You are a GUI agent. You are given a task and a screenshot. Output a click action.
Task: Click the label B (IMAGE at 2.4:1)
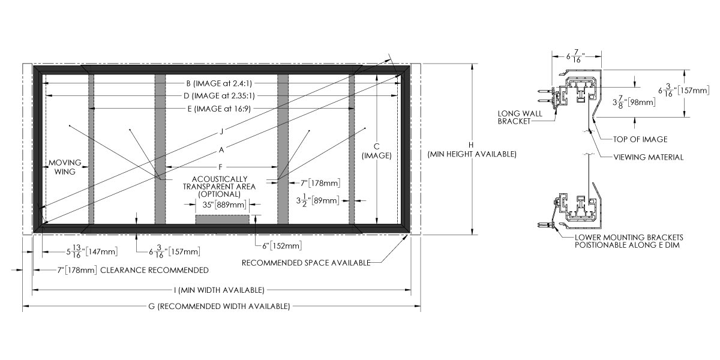pyautogui.click(x=221, y=83)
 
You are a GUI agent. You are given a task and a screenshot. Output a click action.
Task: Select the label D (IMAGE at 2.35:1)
pyautogui.click(x=221, y=95)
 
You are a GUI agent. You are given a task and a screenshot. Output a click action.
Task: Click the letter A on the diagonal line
pyautogui.click(x=221, y=148)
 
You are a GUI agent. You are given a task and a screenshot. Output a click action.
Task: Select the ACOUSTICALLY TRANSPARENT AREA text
pyautogui.click(x=219, y=186)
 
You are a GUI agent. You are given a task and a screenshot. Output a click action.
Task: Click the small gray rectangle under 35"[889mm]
pyautogui.click(x=223, y=219)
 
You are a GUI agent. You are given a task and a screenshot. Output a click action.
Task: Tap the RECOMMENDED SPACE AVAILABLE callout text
pyautogui.click(x=305, y=262)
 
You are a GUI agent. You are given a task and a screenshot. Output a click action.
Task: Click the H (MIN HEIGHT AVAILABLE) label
pyautogui.click(x=472, y=150)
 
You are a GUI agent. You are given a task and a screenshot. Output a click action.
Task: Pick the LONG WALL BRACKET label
pyautogui.click(x=515, y=117)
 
